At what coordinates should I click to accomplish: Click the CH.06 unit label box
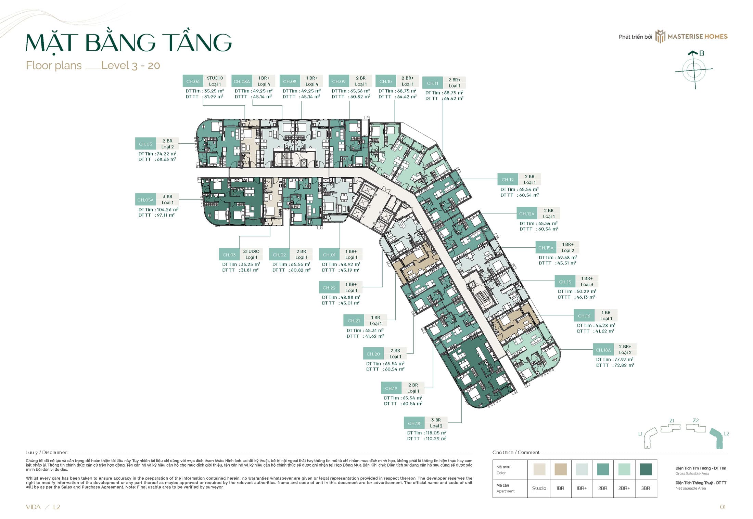(x=193, y=81)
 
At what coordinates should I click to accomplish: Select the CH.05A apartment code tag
(x=145, y=200)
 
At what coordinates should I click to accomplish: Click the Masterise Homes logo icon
(x=660, y=36)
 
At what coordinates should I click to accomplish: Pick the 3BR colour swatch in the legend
(x=646, y=469)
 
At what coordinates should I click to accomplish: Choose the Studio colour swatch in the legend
(x=539, y=469)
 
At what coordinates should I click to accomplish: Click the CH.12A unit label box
(x=526, y=214)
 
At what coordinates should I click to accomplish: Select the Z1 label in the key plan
(x=672, y=420)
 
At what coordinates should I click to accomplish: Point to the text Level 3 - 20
(x=130, y=65)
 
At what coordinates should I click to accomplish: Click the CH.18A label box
(x=603, y=350)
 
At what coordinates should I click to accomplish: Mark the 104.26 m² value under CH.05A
(x=167, y=210)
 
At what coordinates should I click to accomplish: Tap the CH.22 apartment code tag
(x=329, y=288)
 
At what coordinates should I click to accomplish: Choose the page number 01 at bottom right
(x=723, y=507)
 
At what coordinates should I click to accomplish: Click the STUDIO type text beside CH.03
(x=251, y=251)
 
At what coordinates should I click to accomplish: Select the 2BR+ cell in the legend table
(x=624, y=488)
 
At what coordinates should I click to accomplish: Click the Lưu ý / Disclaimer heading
(x=47, y=452)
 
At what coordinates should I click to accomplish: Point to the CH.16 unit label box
(x=584, y=316)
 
